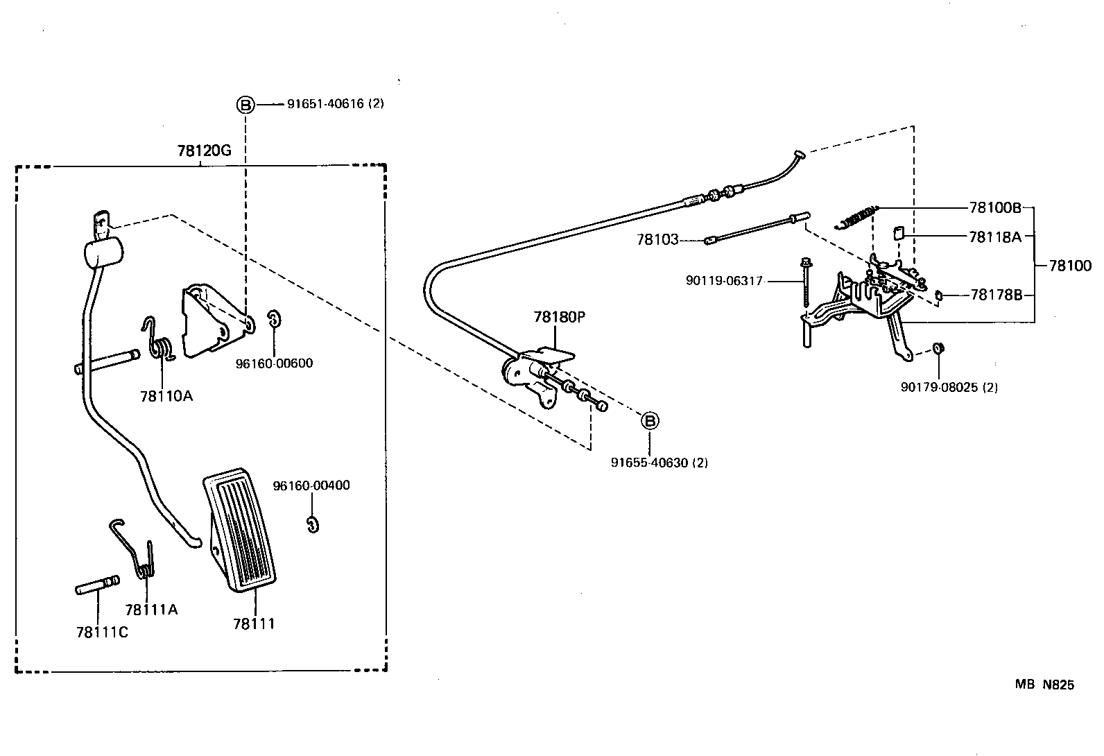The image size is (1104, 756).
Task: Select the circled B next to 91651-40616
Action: tap(246, 105)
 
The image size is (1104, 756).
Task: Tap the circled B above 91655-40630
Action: tap(650, 421)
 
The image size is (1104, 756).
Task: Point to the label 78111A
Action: tap(151, 610)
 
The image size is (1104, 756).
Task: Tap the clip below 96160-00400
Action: tap(312, 524)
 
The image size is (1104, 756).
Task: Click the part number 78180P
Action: tap(559, 317)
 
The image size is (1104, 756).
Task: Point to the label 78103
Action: tap(657, 240)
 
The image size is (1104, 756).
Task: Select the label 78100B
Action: tap(995, 207)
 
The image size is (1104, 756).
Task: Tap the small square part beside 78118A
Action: tap(897, 233)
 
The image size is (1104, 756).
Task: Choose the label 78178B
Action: tap(996, 295)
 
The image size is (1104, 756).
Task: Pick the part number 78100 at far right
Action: tap(1069, 266)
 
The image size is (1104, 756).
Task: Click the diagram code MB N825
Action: tap(1044, 685)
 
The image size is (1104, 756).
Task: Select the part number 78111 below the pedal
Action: tap(254, 624)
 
